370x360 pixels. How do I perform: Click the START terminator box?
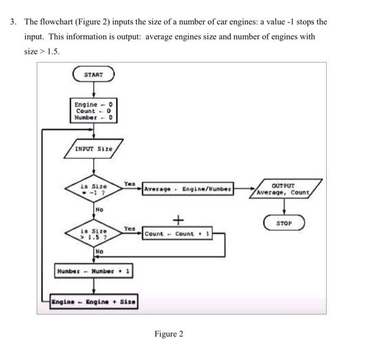coord(93,75)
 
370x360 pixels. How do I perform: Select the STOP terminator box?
coord(285,223)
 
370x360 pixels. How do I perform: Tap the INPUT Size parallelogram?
coord(94,149)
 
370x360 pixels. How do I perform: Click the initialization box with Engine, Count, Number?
coord(94,111)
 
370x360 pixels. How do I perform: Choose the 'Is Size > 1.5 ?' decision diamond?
coord(94,234)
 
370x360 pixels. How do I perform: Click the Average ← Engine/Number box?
coord(188,189)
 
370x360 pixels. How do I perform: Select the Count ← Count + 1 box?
coord(178,234)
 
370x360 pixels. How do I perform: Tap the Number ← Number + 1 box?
coord(94,272)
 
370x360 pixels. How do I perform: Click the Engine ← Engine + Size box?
coord(94,302)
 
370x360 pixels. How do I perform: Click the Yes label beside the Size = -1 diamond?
coord(128,183)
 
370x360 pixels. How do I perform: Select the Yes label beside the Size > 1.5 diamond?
coord(128,228)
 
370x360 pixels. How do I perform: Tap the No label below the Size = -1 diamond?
coord(99,210)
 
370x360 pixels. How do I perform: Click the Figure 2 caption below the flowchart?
coord(169,334)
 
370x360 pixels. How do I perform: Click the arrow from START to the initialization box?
coord(94,91)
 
